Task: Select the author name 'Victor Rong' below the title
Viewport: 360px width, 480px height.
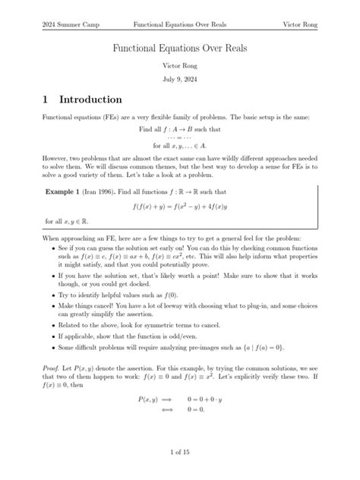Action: pyautogui.click(x=180, y=65)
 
